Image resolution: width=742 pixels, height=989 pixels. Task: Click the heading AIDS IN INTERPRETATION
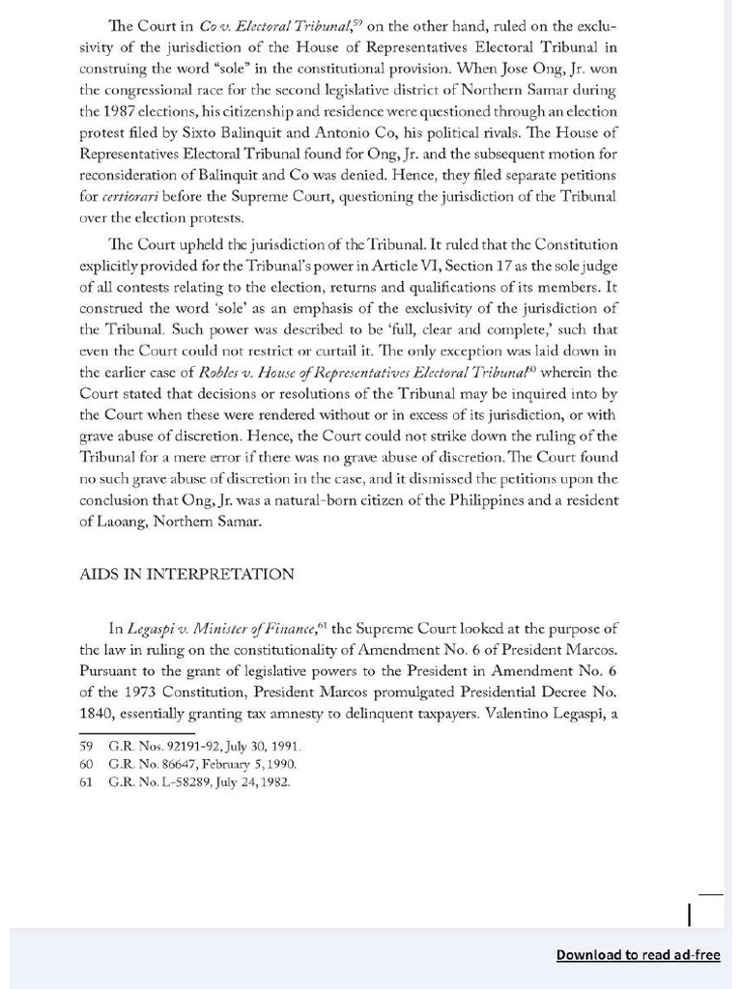[186, 574]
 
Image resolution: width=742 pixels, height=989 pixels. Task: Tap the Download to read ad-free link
[638, 954]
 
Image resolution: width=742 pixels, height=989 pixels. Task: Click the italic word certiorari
[131, 196]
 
